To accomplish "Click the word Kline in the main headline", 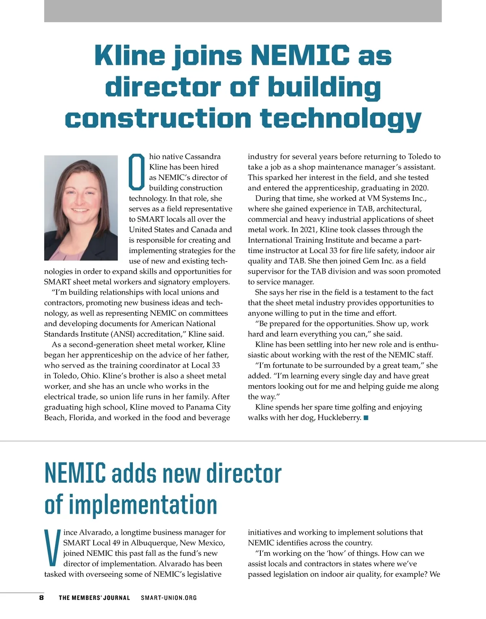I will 130,56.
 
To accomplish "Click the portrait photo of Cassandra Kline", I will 81,208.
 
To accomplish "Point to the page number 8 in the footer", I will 41,598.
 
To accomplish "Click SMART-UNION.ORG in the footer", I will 169,598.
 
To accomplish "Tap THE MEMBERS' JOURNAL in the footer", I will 94,598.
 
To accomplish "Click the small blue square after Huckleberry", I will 366,418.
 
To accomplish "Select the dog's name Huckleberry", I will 339,418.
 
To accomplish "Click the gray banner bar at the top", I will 243,11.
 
